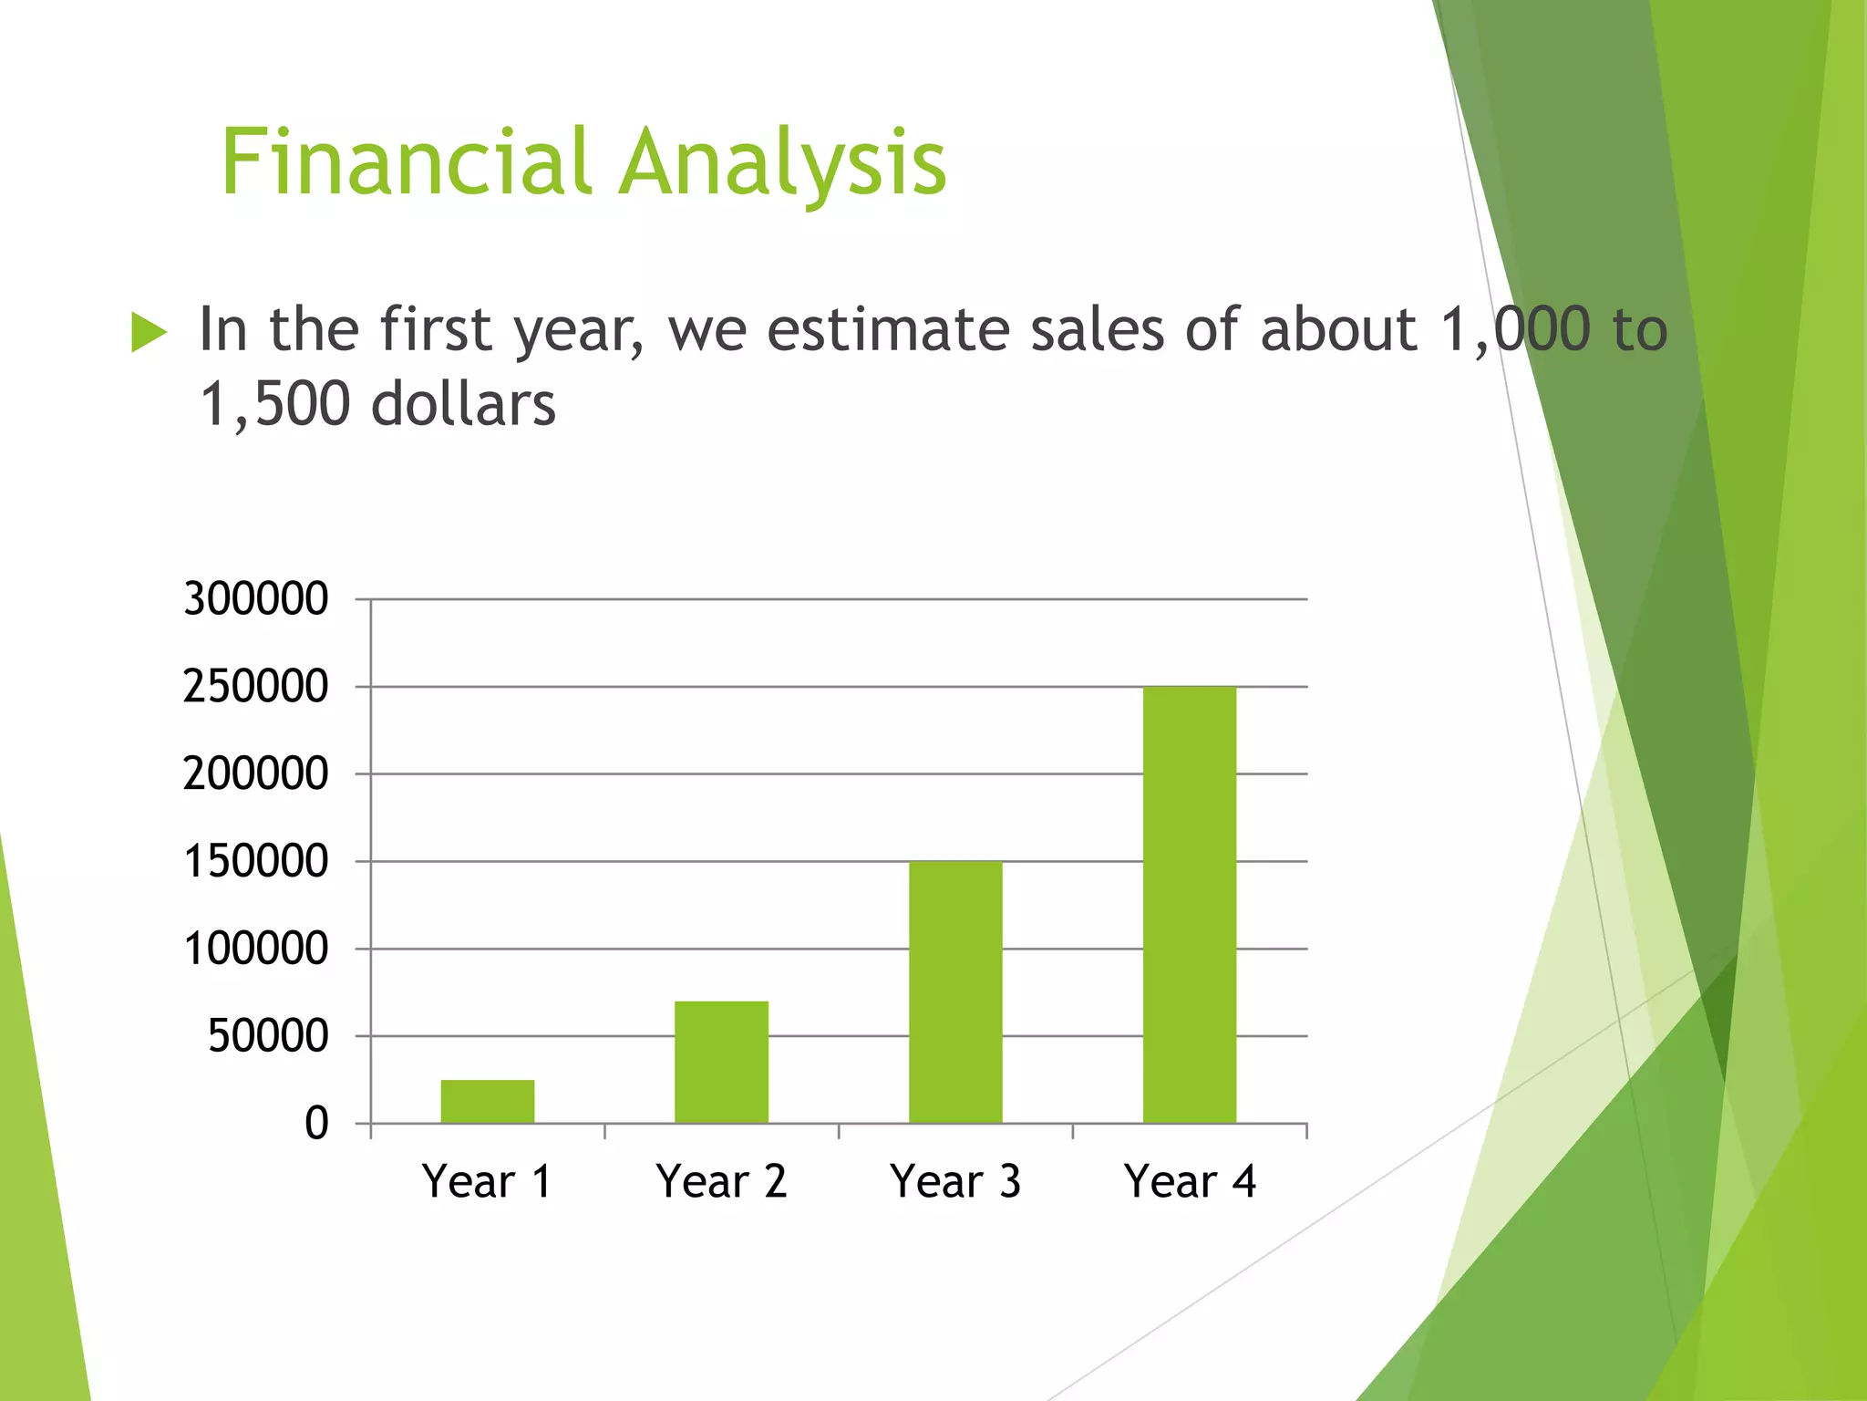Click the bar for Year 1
[487, 1101]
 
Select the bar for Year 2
[721, 1062]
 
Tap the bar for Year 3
[955, 991]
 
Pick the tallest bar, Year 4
[1190, 904]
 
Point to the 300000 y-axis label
[255, 599]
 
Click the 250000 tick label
[255, 687]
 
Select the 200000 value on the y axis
[255, 774]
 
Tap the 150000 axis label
[255, 862]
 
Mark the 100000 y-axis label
[255, 949]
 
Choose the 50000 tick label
[268, 1036]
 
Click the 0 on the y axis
[316, 1124]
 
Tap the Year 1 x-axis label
[487, 1182]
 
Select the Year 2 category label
[721, 1182]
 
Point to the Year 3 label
[955, 1182]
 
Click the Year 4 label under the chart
[1190, 1182]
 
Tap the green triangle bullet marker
[149, 332]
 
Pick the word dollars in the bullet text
[463, 404]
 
